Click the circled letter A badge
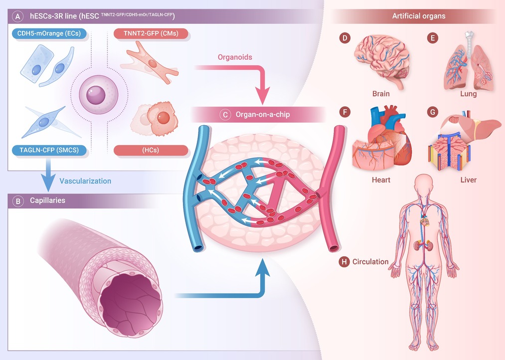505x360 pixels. (18, 16)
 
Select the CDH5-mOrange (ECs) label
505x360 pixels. (49, 33)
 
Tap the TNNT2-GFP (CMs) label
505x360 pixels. (151, 33)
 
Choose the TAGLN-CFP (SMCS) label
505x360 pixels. (49, 150)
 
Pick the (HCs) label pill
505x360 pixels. (151, 150)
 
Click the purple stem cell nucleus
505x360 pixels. (96, 95)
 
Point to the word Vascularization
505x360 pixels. (85, 181)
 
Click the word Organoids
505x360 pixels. (235, 57)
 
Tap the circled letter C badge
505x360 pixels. (225, 115)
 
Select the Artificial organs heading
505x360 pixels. (419, 16)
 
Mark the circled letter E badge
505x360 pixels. (433, 38)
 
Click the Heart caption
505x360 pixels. (381, 180)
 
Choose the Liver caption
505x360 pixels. (468, 180)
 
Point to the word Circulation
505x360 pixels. (370, 262)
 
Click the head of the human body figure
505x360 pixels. (424, 183)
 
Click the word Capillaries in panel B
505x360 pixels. (48, 200)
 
